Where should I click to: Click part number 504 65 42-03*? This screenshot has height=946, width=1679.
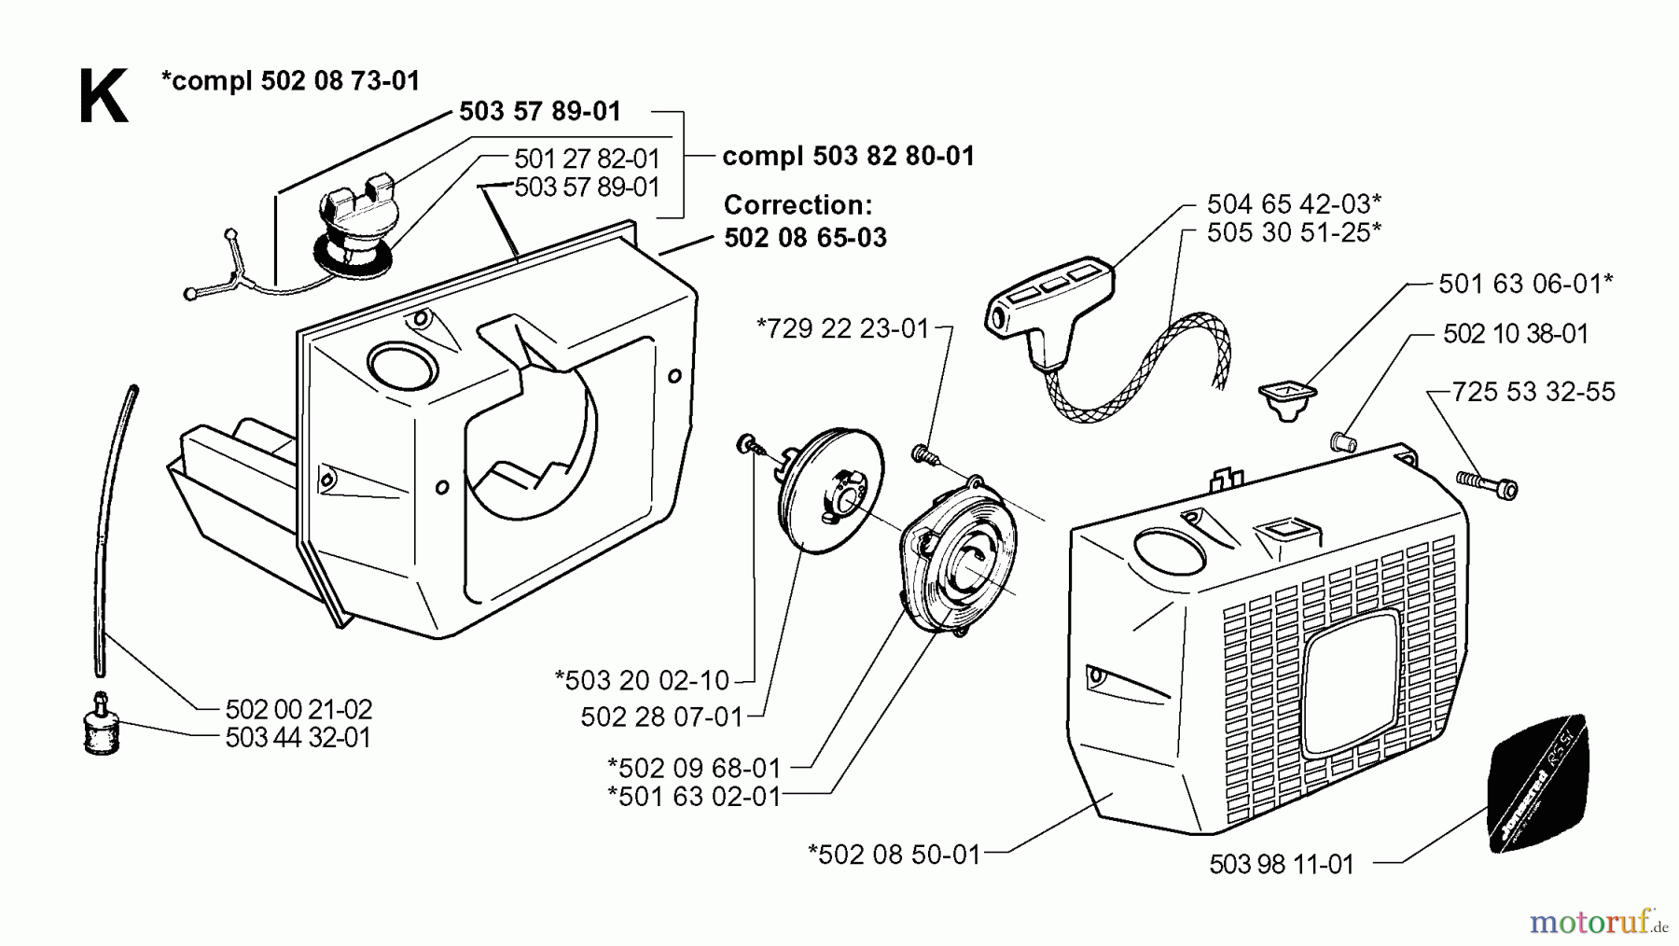1294,203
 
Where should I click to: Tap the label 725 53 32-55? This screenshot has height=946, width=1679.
1533,392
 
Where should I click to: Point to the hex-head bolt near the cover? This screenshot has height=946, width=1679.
1487,484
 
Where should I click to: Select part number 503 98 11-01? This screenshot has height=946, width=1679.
1281,865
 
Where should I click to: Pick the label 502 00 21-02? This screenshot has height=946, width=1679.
298,709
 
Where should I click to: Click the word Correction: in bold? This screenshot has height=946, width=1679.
798,205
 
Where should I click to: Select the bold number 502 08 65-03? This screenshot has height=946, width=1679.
805,238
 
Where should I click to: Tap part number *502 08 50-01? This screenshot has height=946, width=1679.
895,855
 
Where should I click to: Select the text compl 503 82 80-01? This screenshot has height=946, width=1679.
848,156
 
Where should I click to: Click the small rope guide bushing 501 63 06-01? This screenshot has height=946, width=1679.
1286,399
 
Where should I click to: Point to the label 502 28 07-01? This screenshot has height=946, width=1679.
661,717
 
